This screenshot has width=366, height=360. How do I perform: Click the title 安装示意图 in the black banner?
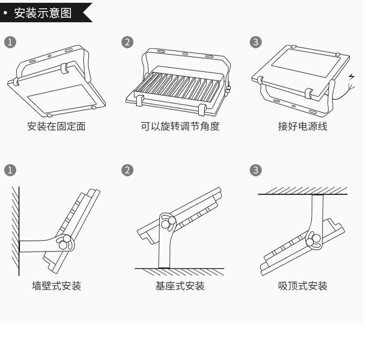click(x=43, y=13)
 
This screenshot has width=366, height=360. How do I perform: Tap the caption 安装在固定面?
click(x=56, y=127)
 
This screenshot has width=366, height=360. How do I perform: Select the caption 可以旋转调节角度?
click(x=180, y=127)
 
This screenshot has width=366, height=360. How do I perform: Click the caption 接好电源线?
click(x=303, y=127)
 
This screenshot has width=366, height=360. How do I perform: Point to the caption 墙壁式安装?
click(x=57, y=286)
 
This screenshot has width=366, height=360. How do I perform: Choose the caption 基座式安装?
click(x=180, y=286)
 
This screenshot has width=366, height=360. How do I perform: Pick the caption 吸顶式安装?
click(x=303, y=286)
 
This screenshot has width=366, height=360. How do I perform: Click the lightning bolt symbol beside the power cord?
click(x=352, y=77)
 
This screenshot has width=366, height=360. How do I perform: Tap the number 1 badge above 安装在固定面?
click(x=10, y=42)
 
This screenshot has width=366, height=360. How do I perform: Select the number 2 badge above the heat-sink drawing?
click(x=127, y=42)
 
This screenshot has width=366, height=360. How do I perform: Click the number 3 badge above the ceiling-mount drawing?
click(x=256, y=170)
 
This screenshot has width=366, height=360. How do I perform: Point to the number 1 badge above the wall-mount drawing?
click(x=10, y=170)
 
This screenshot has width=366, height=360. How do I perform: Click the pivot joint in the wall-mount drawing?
click(x=65, y=243)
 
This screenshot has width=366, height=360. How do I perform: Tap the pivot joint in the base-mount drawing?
click(x=168, y=222)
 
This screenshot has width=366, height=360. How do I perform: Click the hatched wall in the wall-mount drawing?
click(x=16, y=231)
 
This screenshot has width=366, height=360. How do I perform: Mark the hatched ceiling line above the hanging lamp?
click(x=303, y=191)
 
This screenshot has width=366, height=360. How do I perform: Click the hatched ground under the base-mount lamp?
click(x=179, y=272)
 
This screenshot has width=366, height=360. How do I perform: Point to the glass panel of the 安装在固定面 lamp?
click(x=62, y=98)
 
